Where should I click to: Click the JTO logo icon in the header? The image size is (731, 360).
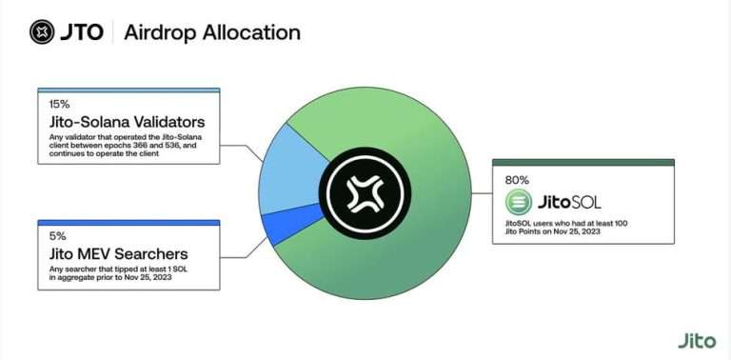pos(42,32)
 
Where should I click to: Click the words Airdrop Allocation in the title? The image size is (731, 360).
pos(212,32)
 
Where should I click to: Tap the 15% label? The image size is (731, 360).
pos(59,104)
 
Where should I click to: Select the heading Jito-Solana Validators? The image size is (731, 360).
pos(127,122)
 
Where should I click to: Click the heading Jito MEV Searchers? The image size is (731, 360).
pos(118,253)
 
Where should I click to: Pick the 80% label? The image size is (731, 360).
pos(517,180)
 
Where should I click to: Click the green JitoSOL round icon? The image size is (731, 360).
pos(519,203)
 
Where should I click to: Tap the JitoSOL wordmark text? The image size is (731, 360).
pos(569,203)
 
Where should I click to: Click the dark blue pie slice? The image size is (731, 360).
pos(290,225)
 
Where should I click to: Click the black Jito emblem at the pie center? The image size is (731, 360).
pos(365,193)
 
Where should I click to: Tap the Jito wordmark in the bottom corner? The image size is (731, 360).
pos(697,340)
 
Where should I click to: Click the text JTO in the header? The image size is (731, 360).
pos(82,32)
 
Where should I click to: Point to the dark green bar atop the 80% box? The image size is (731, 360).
pos(583,162)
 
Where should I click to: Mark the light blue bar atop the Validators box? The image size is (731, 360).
pos(128,90)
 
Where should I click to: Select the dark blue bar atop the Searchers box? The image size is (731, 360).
pos(128,223)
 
